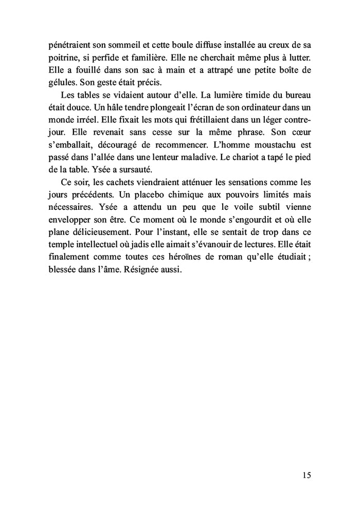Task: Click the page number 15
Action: pos(306,475)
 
